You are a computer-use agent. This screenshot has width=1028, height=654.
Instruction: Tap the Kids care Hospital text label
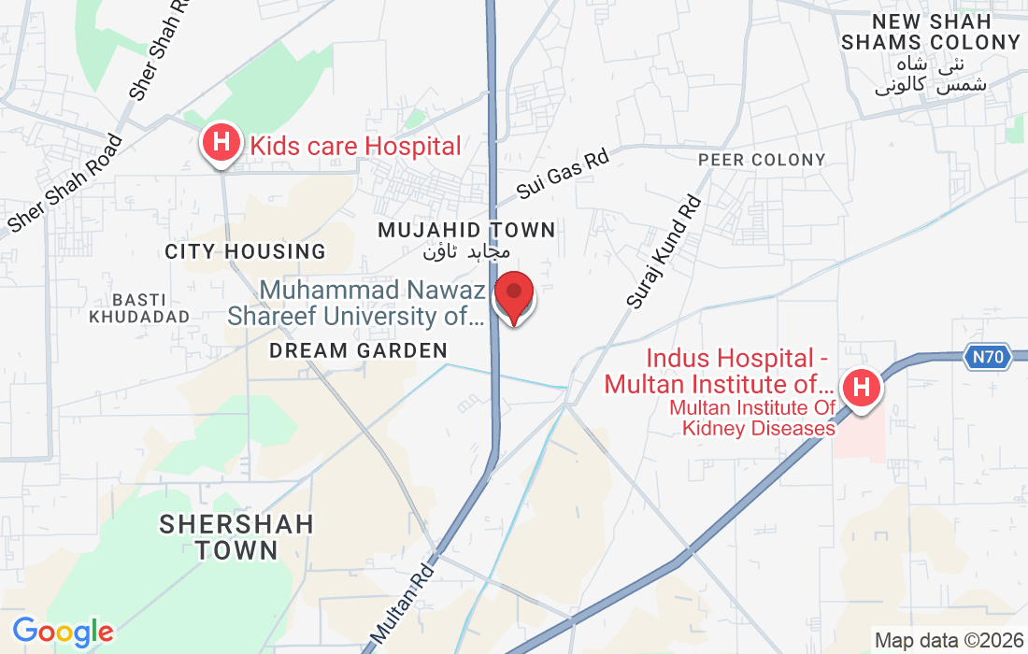(x=355, y=146)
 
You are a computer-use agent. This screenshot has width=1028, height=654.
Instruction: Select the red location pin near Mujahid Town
(x=513, y=295)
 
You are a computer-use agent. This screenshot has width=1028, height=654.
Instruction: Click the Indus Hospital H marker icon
(x=861, y=386)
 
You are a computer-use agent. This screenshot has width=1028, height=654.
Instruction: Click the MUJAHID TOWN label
(x=466, y=230)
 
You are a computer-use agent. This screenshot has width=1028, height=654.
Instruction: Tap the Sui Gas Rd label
(x=563, y=174)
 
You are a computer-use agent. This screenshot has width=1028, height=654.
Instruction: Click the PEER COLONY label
(x=763, y=160)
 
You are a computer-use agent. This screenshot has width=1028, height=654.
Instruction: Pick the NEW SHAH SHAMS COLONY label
(x=931, y=32)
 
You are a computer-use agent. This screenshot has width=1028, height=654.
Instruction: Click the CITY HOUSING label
(x=245, y=251)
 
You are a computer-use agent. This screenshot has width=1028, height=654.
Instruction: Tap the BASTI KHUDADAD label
(x=139, y=307)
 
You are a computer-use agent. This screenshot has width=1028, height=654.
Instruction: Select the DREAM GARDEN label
(x=358, y=350)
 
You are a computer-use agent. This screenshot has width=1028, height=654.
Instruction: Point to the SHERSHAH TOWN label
(x=236, y=536)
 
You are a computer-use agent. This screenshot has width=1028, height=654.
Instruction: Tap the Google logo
(x=63, y=632)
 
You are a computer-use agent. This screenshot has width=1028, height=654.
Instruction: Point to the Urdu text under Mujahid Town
(x=466, y=251)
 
